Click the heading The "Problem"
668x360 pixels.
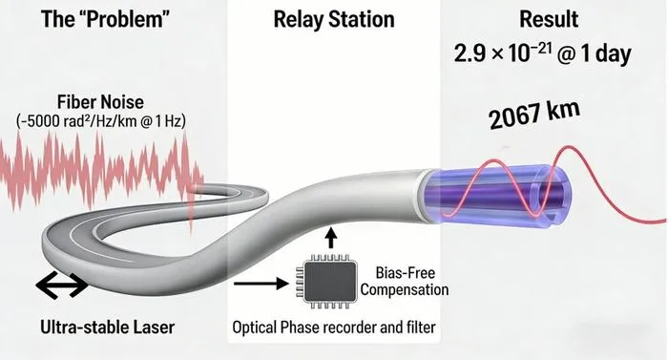tap(105, 20)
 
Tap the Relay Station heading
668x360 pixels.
tap(334, 20)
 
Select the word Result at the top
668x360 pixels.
tap(549, 19)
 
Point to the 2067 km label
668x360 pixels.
tap(534, 113)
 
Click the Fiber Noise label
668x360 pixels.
tap(100, 102)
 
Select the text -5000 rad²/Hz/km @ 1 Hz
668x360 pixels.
tap(101, 121)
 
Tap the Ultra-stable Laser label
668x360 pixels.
tap(107, 328)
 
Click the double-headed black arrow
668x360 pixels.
tap(62, 285)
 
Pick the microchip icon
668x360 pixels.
tap(330, 282)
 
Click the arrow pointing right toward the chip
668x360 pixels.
tap(261, 284)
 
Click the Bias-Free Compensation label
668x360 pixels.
tap(405, 282)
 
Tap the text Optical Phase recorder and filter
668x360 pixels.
tap(334, 328)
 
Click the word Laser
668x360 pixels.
tap(154, 328)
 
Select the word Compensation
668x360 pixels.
tap(405, 290)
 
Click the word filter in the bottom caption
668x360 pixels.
tap(421, 328)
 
